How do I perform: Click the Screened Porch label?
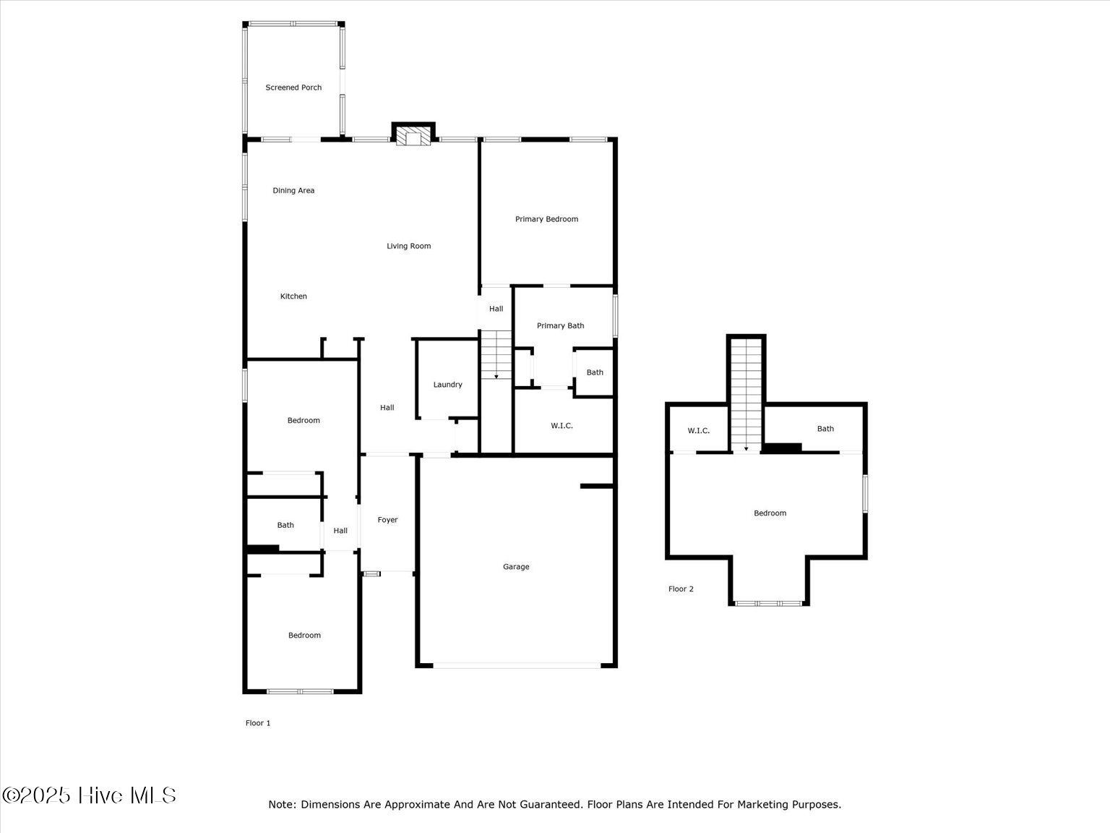click(x=293, y=87)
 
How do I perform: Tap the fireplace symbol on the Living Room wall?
click(x=413, y=138)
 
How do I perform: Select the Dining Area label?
click(x=293, y=191)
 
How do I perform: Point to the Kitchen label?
click(x=293, y=296)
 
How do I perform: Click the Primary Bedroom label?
click(x=546, y=219)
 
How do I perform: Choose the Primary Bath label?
click(x=560, y=326)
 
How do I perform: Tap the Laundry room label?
click(x=447, y=385)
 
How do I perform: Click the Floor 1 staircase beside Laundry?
click(x=496, y=354)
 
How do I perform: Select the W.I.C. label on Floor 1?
click(x=562, y=426)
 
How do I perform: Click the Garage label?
click(x=516, y=567)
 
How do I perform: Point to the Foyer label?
click(x=387, y=520)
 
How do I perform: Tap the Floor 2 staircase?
click(x=746, y=394)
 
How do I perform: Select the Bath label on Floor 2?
click(x=825, y=429)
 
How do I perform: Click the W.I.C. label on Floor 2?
click(x=698, y=431)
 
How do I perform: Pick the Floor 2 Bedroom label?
click(x=770, y=513)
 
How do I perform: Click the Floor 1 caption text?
click(x=258, y=723)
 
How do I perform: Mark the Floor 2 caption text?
click(x=681, y=589)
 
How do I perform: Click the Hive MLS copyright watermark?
click(x=89, y=795)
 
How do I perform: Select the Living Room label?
click(x=408, y=247)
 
